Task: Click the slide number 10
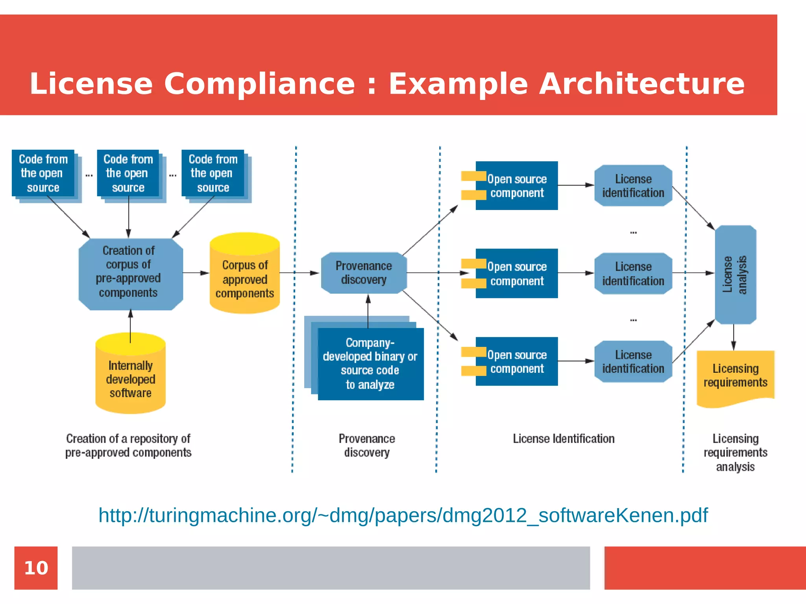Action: [36, 568]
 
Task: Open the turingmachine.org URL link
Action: [403, 515]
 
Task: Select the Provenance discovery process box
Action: [364, 273]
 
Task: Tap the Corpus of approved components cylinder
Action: [245, 275]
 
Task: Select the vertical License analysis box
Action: [735, 274]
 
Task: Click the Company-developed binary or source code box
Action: [370, 364]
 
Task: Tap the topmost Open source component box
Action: [516, 186]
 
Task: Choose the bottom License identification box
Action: [633, 361]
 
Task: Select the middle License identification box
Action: [633, 273]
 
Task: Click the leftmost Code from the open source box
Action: [43, 173]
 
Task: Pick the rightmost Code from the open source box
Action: [213, 173]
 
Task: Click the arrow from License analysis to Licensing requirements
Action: [733, 337]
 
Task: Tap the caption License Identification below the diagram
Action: [563, 438]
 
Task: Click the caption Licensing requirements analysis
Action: [735, 453]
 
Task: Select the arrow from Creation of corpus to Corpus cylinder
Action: [196, 273]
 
